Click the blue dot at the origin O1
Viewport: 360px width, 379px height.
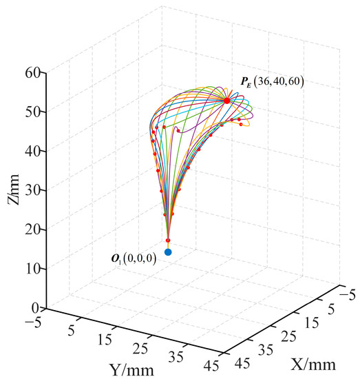pyautogui.click(x=168, y=252)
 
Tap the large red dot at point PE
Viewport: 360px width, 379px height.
pyautogui.click(x=227, y=101)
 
